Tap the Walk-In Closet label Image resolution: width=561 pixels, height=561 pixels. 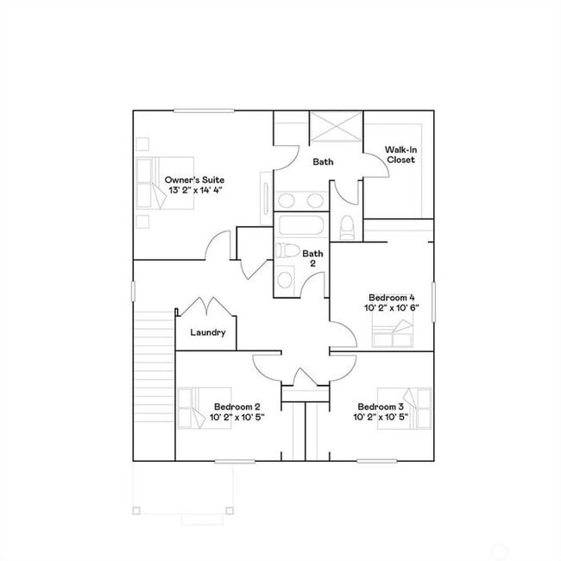point(400,154)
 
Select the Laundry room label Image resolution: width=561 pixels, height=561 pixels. point(207,332)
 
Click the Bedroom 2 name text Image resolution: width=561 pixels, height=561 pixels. point(236,407)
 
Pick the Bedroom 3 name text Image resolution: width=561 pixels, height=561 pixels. point(381,407)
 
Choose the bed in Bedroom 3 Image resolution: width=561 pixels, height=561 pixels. point(418,405)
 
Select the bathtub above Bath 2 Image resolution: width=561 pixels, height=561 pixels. point(300,228)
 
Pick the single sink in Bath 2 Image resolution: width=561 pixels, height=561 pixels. point(286,280)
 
